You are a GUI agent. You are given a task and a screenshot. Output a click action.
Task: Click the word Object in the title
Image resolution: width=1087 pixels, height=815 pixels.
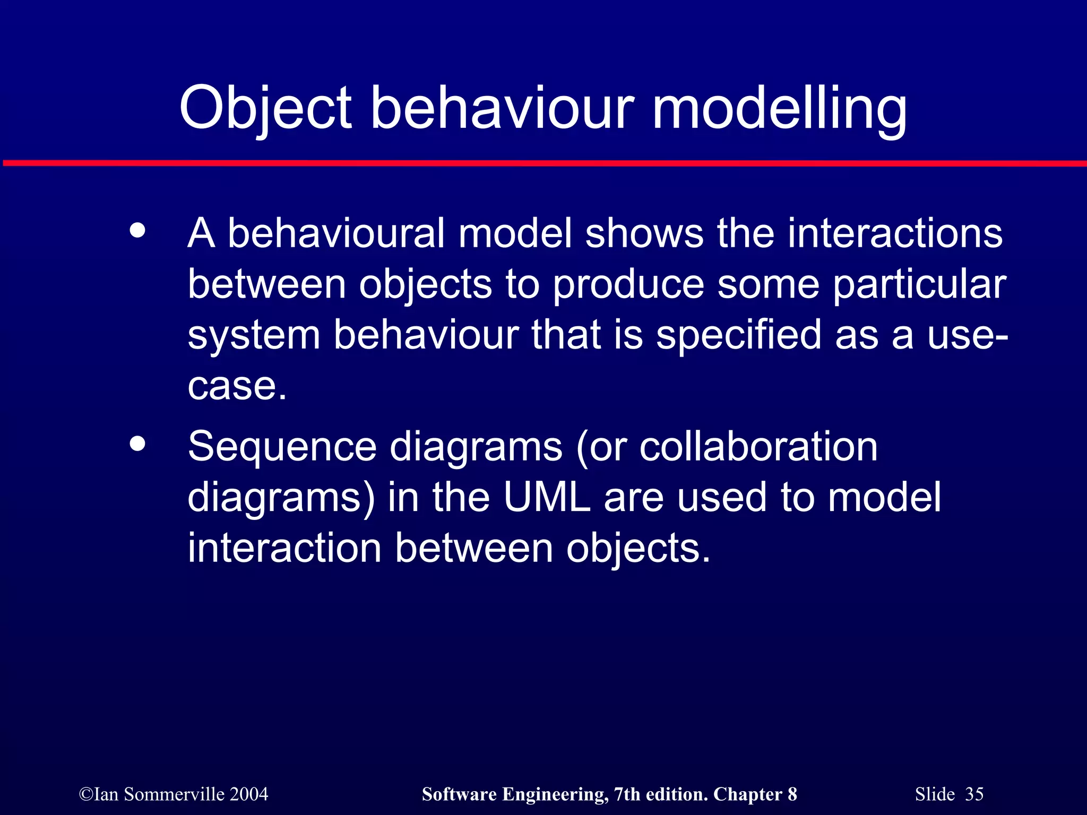click(x=265, y=109)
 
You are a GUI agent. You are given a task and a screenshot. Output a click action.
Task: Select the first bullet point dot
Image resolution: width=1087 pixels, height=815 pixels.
click(x=137, y=231)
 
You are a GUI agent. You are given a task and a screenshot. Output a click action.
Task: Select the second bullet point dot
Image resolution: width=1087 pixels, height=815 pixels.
click(x=137, y=444)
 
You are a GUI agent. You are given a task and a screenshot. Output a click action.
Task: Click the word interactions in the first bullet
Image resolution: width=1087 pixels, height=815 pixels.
click(x=895, y=233)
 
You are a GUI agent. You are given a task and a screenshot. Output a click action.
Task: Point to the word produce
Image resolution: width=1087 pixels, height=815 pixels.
click(x=628, y=285)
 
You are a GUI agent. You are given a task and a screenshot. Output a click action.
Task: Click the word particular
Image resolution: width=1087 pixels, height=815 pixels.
click(x=919, y=285)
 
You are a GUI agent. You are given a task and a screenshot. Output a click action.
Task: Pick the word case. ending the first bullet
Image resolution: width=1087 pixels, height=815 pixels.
click(x=237, y=386)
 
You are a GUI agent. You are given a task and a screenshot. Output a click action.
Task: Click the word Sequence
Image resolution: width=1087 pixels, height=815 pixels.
click(x=282, y=447)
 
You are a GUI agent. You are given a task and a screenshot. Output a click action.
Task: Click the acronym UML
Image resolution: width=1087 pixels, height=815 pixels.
click(x=547, y=497)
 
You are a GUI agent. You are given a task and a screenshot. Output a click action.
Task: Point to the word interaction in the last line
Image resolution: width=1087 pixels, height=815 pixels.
click(x=284, y=548)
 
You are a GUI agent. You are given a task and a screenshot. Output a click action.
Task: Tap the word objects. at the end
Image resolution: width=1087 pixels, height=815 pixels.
click(x=638, y=549)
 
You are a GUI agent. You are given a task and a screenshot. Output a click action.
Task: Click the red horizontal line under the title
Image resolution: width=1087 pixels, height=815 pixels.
click(x=543, y=163)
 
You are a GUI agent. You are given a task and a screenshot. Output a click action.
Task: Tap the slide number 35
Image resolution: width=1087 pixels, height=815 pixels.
click(x=974, y=794)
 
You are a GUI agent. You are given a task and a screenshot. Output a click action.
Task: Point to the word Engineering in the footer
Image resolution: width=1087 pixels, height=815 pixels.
click(x=555, y=794)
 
